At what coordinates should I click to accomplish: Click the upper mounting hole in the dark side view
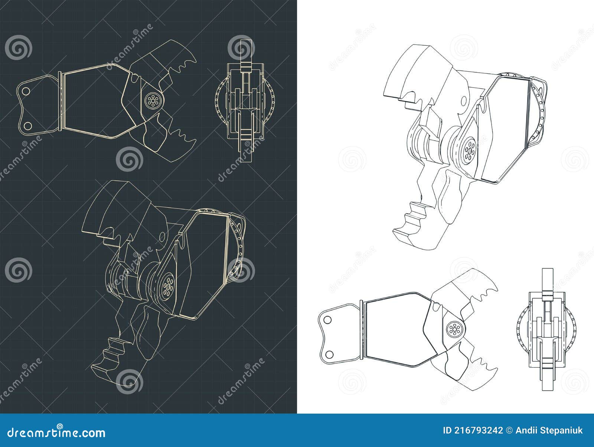(x=26, y=91)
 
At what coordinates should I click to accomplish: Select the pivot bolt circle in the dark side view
(x=151, y=100)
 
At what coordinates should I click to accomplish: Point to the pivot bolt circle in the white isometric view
(x=470, y=148)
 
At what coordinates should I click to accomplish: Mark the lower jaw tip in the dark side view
(x=193, y=141)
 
